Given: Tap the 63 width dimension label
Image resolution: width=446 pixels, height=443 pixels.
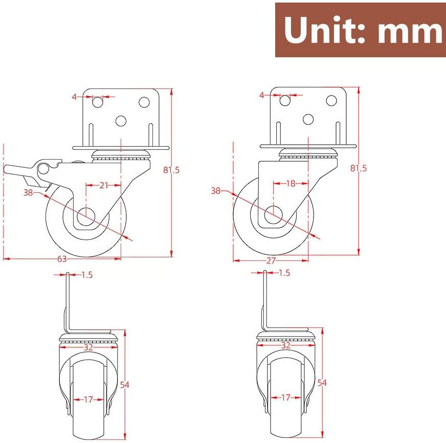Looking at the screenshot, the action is point(62,259).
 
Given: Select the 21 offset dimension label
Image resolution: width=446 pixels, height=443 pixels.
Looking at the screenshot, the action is point(104,186).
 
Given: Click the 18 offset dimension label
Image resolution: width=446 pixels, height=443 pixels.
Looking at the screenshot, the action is point(291,184).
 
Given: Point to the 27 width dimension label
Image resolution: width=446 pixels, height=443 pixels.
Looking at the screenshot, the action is point(271,260).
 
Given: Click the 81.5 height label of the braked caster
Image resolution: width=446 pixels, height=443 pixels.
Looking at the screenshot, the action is point(171,170).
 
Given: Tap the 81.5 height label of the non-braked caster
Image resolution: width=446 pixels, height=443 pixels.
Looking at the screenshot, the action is point(359,168).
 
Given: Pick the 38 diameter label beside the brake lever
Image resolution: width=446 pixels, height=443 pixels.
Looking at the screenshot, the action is point(28,193).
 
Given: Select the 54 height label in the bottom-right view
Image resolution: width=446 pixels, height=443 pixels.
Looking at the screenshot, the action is point(322,383).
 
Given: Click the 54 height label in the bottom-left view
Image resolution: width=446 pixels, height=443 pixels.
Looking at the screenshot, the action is point(125,385).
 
